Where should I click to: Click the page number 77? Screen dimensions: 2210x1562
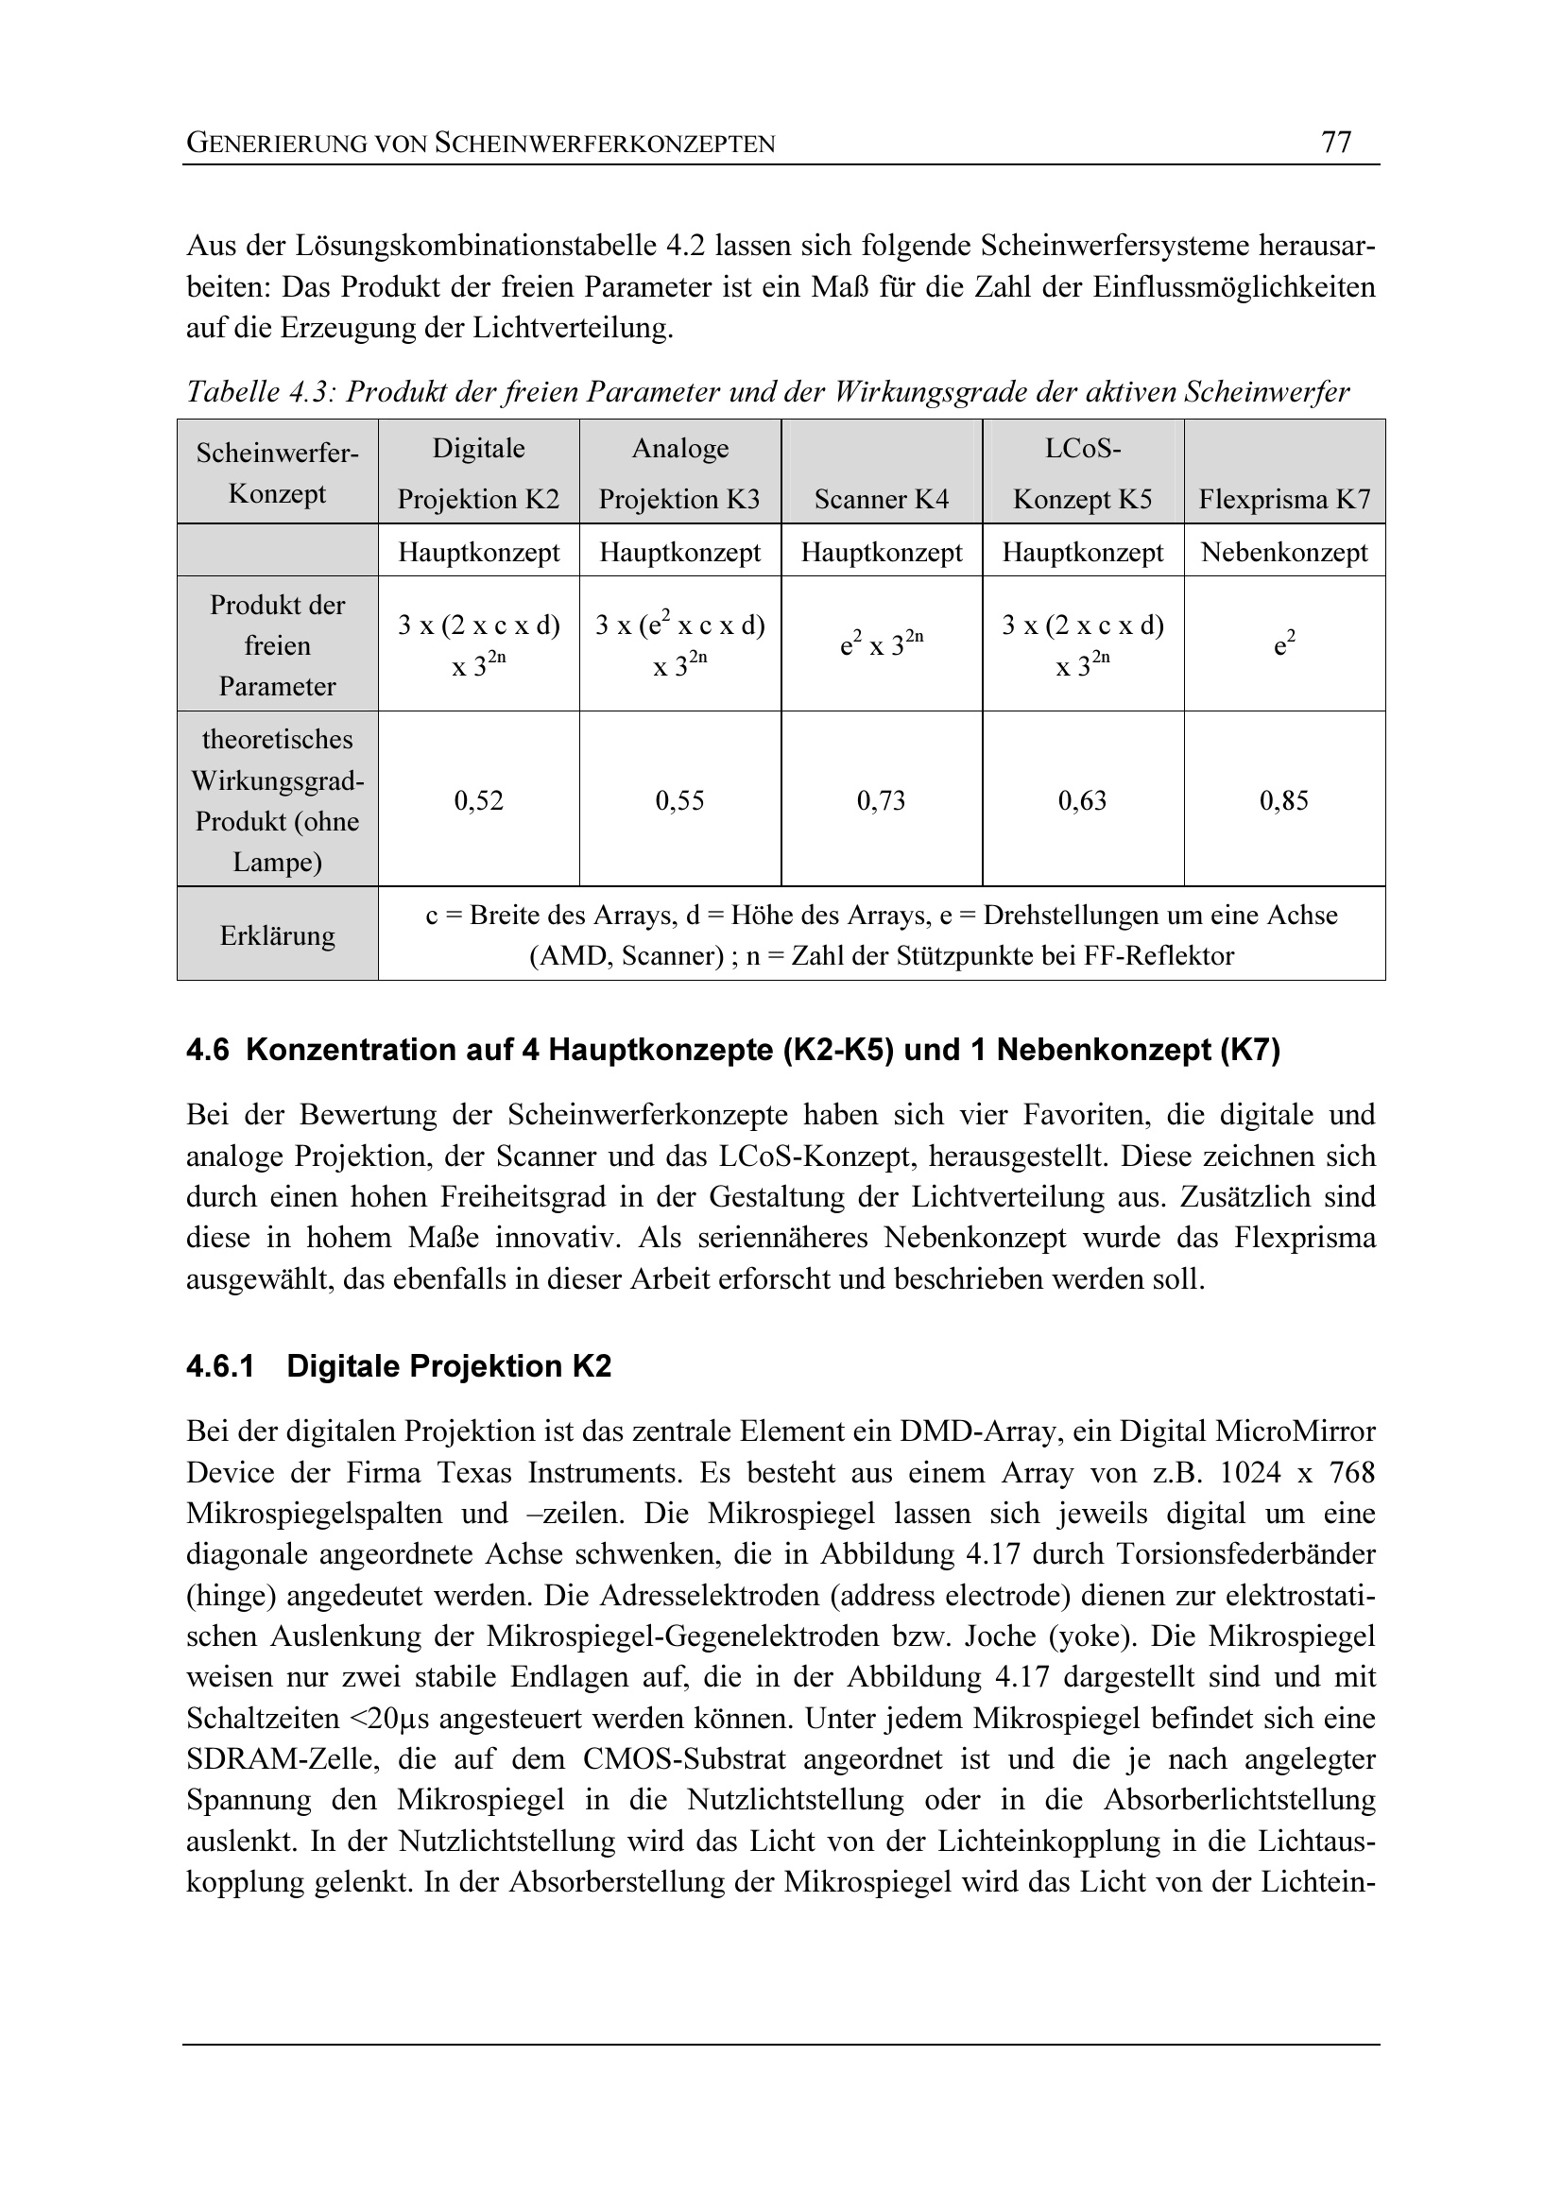click(1336, 143)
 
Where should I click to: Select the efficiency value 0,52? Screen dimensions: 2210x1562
click(478, 801)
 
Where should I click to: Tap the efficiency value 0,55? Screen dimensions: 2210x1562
click(679, 801)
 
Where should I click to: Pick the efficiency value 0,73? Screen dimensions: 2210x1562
click(881, 801)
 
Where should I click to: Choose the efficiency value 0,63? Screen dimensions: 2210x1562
click(1082, 801)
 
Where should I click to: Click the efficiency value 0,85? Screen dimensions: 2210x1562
click(1284, 801)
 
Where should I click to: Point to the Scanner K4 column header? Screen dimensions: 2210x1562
click(881, 499)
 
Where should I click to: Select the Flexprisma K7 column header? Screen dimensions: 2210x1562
click(1284, 499)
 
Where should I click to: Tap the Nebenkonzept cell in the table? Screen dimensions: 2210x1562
click(1284, 553)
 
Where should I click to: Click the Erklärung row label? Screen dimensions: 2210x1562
click(277, 935)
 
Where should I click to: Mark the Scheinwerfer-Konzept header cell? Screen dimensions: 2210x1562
click(277, 472)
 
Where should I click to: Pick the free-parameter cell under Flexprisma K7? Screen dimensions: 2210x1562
click(1284, 644)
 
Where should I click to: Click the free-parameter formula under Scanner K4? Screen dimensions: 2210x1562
click(881, 644)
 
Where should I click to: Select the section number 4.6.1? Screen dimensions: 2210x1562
click(220, 1367)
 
